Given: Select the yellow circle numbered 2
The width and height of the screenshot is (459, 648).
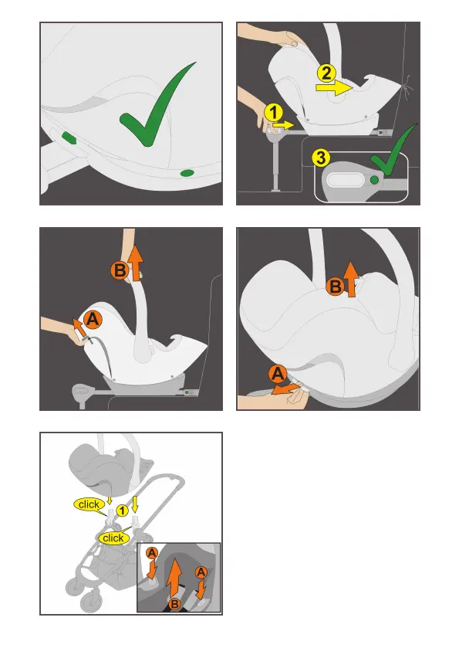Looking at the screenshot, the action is point(326,73).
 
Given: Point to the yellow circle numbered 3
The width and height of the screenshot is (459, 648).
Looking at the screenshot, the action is point(321,158).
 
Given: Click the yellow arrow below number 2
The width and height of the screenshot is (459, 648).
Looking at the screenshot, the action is point(334,87).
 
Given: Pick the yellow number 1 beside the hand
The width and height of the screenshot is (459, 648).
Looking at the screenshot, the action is point(273,113).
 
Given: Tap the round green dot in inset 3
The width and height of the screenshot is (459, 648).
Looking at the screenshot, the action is point(374,180).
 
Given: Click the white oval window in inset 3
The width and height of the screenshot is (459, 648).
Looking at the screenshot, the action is point(345,181).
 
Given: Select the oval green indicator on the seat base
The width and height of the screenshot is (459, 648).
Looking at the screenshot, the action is point(187,173).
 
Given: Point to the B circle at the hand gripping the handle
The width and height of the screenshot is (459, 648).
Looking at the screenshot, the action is point(120,270).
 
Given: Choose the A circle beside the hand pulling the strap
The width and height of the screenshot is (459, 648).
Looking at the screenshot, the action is point(93,320).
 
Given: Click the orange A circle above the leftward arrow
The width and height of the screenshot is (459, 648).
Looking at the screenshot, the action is point(278,374).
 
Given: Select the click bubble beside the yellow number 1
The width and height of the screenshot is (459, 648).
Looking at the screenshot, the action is point(89,504).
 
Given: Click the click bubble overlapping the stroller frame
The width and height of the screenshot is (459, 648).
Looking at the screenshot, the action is point(113,538).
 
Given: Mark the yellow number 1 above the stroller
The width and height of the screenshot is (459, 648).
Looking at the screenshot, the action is point(122,511).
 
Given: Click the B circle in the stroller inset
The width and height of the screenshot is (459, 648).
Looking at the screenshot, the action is point(174,604).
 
